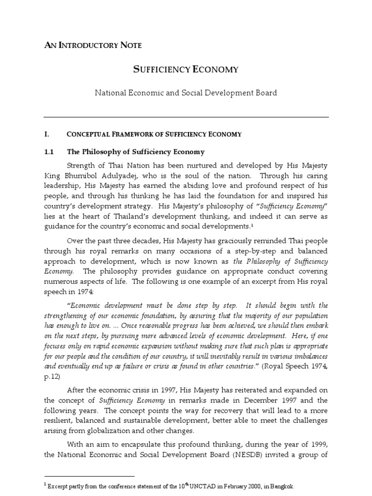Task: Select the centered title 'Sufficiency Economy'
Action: pos(186,69)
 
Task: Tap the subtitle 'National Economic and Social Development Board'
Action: pos(186,92)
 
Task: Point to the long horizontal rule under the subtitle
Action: pos(186,117)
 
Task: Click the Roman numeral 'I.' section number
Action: pos(47,134)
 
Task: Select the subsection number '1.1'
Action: pos(48,152)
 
